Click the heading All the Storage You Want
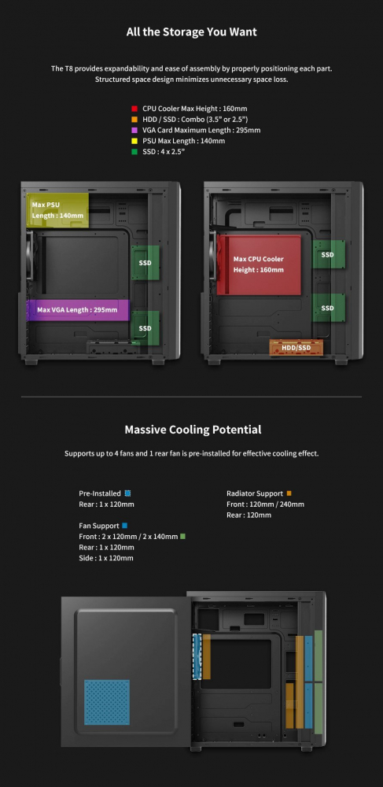pyautogui.click(x=192, y=32)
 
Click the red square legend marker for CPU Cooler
pyautogui.click(x=134, y=109)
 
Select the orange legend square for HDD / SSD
pyautogui.click(x=134, y=120)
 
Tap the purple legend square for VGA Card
pyautogui.click(x=134, y=130)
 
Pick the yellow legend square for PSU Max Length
pyautogui.click(x=134, y=141)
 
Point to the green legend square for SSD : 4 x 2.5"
pyautogui.click(x=134, y=152)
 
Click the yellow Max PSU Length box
pyautogui.click(x=57, y=210)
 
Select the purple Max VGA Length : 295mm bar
pyautogui.click(x=78, y=309)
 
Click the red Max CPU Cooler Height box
pyautogui.click(x=259, y=264)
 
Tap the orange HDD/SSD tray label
pyautogui.click(x=296, y=347)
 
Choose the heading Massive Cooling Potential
pyautogui.click(x=193, y=430)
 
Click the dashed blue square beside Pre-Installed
pyautogui.click(x=127, y=493)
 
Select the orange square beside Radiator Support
pyautogui.click(x=289, y=493)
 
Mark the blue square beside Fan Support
pyautogui.click(x=125, y=526)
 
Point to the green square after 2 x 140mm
pyautogui.click(x=183, y=537)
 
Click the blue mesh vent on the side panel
pyautogui.click(x=107, y=702)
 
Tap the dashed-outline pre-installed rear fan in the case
pyautogui.click(x=197, y=656)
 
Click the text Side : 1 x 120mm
pyautogui.click(x=106, y=558)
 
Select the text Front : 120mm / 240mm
pyautogui.click(x=265, y=504)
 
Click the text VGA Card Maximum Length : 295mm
pyautogui.click(x=201, y=130)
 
